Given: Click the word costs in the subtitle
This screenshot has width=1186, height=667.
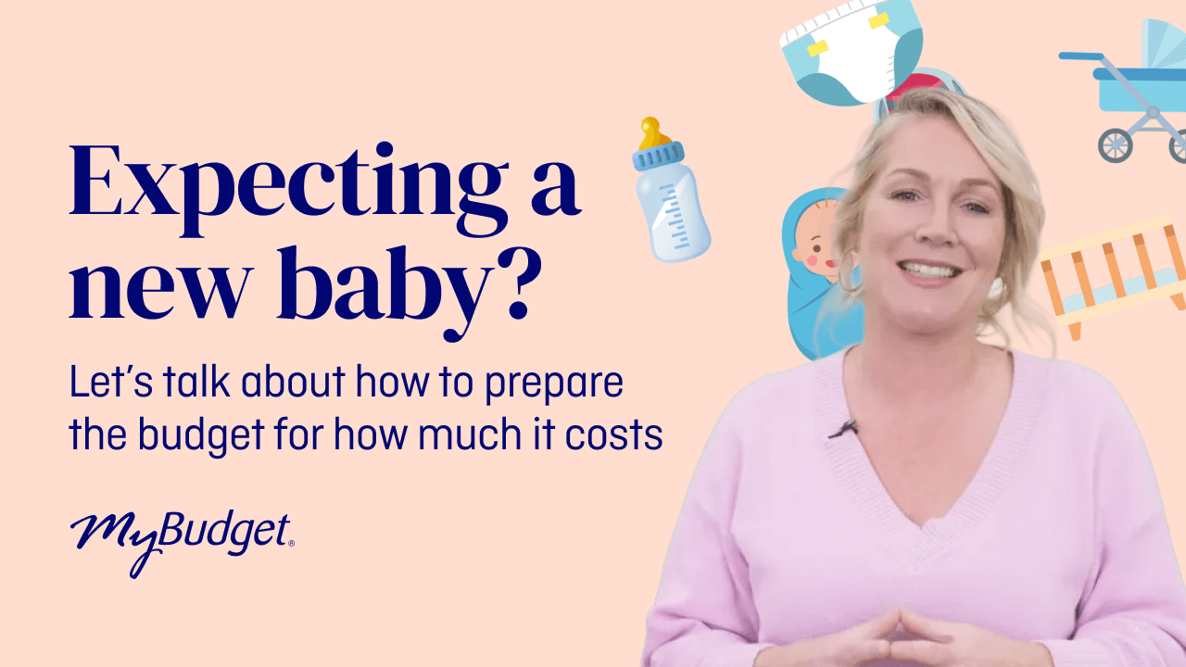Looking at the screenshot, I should (x=620, y=434).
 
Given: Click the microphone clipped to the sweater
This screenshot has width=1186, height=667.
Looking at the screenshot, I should (x=844, y=428).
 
